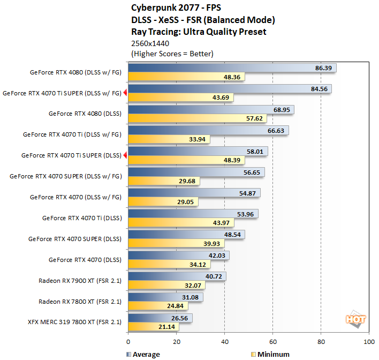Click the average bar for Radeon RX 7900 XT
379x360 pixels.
click(x=177, y=276)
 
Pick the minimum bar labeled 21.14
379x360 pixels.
click(x=154, y=327)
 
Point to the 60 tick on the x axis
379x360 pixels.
click(x=273, y=341)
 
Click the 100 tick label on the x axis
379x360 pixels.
click(x=368, y=341)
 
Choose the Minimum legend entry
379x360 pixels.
click(x=270, y=354)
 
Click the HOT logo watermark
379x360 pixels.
click(x=355, y=319)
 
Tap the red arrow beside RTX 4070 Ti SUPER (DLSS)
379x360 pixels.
click(x=125, y=155)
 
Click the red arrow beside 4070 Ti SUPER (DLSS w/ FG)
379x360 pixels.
click(x=125, y=93)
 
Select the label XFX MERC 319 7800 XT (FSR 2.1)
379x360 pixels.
click(x=73, y=322)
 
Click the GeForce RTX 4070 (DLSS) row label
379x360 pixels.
click(x=85, y=260)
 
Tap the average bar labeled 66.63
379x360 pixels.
click(x=208, y=130)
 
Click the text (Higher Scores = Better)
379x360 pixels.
click(x=172, y=54)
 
